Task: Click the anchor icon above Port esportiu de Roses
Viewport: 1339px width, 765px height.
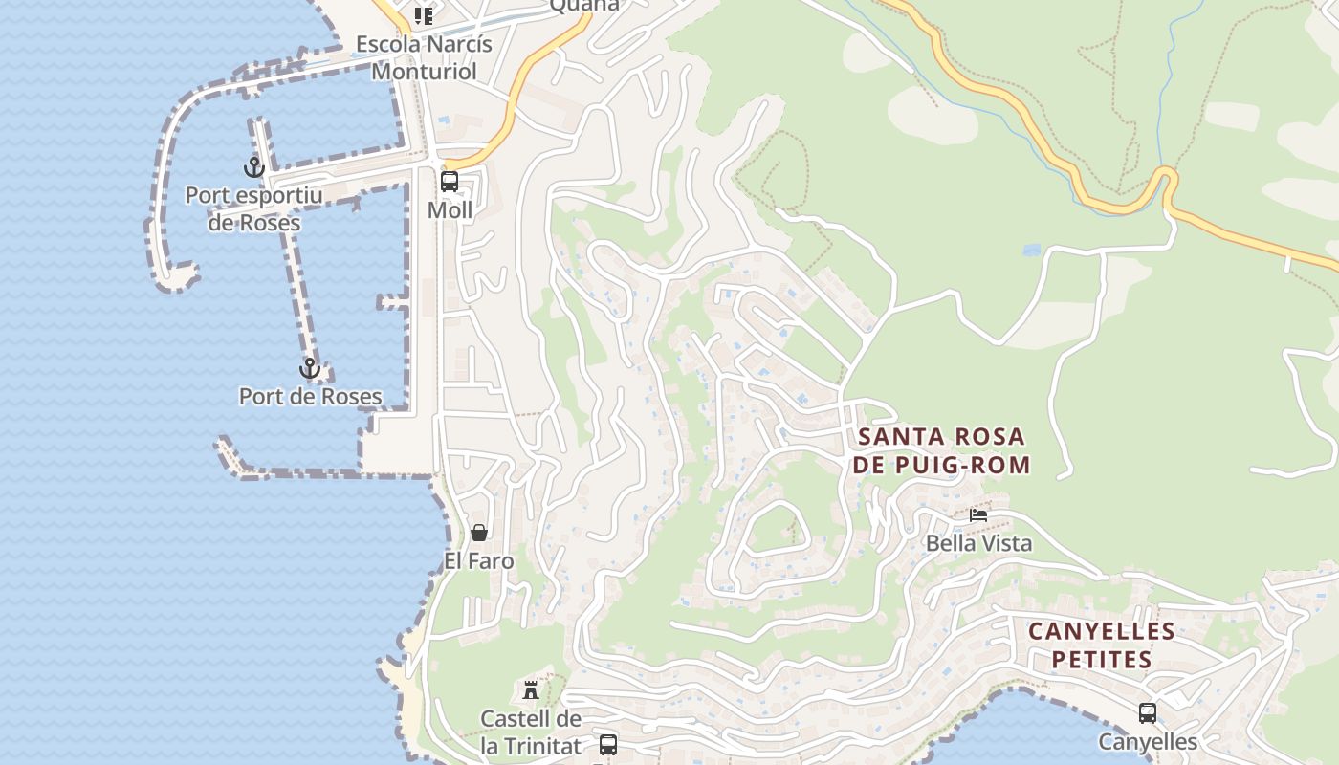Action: tap(253, 167)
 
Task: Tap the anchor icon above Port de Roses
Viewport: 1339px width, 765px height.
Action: tap(309, 368)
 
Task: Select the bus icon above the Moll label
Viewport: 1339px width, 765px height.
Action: tap(450, 181)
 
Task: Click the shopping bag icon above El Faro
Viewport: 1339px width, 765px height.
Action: tap(479, 533)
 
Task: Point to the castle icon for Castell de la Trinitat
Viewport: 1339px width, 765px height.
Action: tap(531, 689)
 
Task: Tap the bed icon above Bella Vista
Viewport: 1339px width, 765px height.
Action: tap(978, 514)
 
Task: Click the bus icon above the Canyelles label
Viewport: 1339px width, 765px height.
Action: tap(1147, 712)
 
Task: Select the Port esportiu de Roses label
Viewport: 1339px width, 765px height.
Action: tap(254, 209)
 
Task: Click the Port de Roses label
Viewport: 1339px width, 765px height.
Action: tap(310, 396)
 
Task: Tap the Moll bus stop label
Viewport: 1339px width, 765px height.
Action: tap(450, 209)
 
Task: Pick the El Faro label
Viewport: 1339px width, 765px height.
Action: tap(479, 561)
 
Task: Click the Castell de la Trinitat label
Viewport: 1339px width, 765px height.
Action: tap(531, 732)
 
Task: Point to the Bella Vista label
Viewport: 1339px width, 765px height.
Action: tap(978, 543)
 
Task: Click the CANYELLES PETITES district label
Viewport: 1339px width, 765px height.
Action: tap(1102, 645)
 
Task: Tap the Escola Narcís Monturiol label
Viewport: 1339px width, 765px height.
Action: tap(424, 57)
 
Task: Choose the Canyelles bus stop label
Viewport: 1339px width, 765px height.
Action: tap(1147, 741)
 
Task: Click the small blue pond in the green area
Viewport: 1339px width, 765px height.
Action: tap(1031, 251)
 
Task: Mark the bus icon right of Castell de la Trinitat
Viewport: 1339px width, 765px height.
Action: tap(607, 744)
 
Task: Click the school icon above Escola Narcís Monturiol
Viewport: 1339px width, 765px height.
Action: tap(424, 15)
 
